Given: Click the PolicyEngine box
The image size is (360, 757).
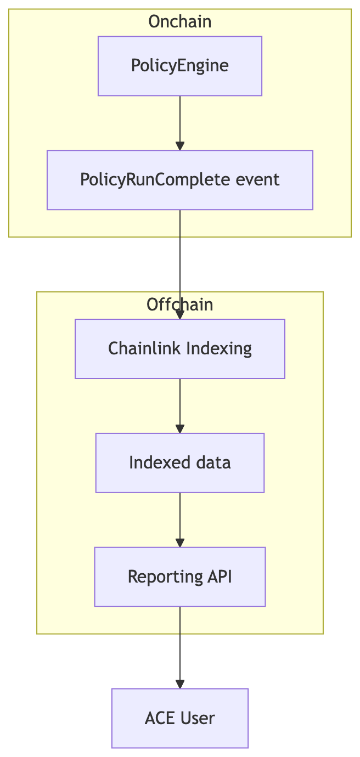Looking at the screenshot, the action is (180, 66).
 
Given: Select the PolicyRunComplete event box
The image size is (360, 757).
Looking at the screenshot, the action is (180, 180).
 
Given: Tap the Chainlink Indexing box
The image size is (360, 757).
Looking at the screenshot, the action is (180, 349).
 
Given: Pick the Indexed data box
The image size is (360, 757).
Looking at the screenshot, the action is (180, 462).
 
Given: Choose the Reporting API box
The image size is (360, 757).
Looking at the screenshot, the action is (180, 577).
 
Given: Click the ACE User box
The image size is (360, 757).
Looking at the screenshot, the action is (180, 718).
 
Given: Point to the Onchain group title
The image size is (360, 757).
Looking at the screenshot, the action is (180, 21).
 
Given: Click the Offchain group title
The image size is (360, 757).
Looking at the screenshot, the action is (180, 304).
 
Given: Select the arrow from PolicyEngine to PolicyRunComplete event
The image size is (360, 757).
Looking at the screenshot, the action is (180, 123).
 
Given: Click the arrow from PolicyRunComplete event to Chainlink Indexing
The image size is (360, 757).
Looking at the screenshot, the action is (180, 264).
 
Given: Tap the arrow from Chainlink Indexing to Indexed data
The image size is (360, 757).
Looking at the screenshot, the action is (180, 406).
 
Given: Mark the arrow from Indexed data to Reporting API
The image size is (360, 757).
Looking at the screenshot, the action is (180, 520).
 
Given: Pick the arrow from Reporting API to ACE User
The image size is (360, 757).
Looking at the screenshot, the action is (180, 647).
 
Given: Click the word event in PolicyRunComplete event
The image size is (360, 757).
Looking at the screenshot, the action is (257, 179).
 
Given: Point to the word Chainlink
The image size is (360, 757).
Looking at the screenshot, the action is (144, 348).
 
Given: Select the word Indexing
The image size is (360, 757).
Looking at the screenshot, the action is (219, 349).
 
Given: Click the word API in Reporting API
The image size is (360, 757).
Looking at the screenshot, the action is (220, 577).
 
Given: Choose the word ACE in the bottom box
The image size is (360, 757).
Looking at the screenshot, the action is (158, 718).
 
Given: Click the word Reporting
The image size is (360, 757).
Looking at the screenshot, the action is (165, 578).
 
